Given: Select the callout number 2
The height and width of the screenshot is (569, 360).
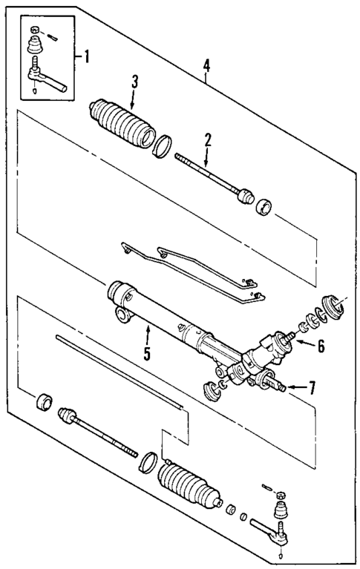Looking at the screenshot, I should point(209,139).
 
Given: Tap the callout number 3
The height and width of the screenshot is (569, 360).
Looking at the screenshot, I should point(134,82).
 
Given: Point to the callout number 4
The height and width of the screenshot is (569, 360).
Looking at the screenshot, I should point(206,66).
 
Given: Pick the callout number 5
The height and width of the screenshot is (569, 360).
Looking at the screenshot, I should point(147,353).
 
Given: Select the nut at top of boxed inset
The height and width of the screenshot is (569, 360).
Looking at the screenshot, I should point(35,30).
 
